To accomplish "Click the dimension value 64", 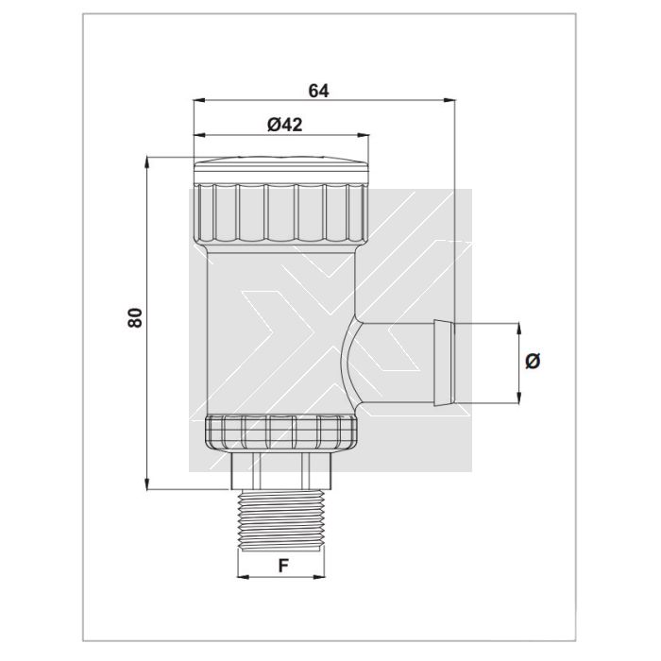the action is click(x=318, y=91).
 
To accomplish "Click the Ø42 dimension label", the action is click(x=285, y=125).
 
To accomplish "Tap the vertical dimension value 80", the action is click(x=135, y=318).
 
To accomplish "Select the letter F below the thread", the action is click(x=284, y=566).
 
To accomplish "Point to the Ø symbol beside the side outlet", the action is click(x=533, y=362).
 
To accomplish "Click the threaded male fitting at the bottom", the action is click(x=281, y=519).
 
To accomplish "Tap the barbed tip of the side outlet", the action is click(x=444, y=363).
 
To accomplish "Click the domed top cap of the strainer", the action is click(x=281, y=169).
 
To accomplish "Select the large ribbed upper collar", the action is click(x=281, y=214).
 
